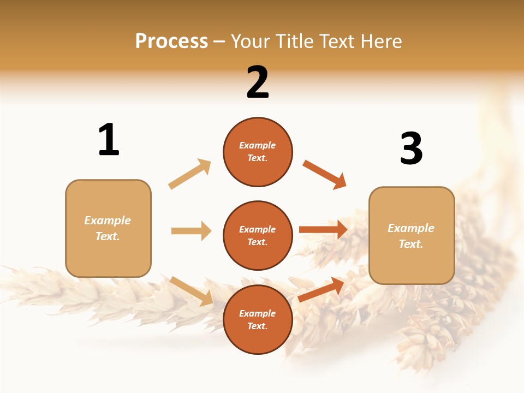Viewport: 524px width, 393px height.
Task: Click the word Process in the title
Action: [171, 41]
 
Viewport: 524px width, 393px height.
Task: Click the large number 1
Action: [109, 140]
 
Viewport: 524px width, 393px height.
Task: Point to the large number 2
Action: [258, 82]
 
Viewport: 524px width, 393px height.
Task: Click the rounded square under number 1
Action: [108, 228]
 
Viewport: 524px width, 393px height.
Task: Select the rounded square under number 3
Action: [412, 236]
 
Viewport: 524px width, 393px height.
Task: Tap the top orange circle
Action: [258, 152]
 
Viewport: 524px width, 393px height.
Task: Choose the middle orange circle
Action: [258, 235]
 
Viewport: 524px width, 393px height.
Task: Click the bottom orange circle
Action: [258, 319]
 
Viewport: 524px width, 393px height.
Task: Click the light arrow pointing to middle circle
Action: [191, 231]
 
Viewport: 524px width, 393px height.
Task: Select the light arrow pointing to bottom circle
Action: [191, 291]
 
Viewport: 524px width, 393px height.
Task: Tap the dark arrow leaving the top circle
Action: [324, 175]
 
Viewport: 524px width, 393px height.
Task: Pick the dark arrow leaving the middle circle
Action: [323, 230]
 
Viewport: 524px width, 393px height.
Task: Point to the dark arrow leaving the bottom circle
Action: [321, 289]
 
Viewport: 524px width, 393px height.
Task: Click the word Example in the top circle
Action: [258, 146]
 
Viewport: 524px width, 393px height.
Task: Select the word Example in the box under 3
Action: [411, 228]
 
